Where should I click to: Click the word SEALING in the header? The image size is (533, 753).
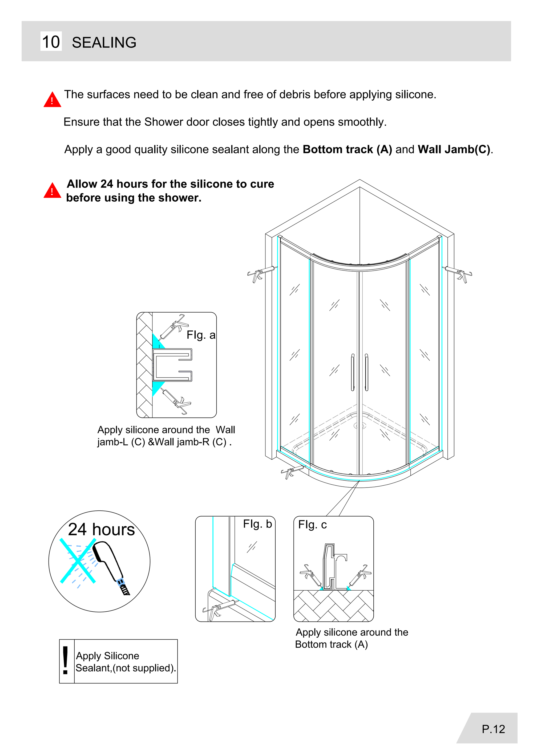tap(104, 43)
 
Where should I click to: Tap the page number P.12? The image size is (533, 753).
tap(493, 729)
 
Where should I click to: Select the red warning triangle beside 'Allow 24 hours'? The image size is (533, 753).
tap(52, 191)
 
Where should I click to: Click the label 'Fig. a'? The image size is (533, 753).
tap(201, 335)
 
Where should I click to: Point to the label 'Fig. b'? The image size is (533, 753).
tap(257, 524)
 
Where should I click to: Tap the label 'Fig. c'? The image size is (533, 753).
tap(312, 525)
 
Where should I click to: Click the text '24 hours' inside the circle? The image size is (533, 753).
tap(102, 529)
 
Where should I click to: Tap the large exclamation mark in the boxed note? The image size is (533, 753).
tap(66, 661)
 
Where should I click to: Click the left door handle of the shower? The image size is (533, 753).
tap(353, 372)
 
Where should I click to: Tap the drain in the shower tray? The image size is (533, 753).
tap(360, 426)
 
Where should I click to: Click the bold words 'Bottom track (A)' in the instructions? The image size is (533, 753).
tap(347, 150)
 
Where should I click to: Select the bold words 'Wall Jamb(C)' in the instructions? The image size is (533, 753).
tap(454, 150)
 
